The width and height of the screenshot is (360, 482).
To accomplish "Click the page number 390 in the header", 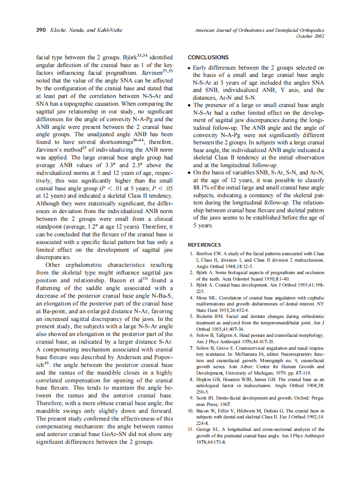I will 41,31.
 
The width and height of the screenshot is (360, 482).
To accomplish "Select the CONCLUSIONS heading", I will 208,58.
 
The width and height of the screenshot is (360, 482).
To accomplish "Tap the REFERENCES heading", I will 204,245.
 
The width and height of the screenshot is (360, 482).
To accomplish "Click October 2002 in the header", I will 310,37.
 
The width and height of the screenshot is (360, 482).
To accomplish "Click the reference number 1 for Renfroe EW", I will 192,254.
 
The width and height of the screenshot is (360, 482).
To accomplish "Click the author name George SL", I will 209,429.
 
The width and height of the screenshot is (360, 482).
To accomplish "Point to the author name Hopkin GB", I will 209,379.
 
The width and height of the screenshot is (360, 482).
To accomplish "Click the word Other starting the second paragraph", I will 53,265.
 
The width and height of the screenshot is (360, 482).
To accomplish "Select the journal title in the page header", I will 259,31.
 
